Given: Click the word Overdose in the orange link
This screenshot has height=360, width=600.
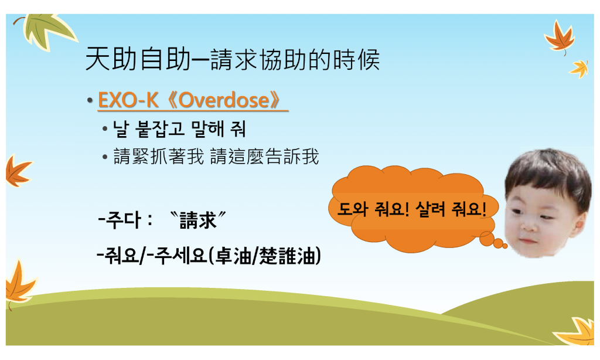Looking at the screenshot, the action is (224, 100).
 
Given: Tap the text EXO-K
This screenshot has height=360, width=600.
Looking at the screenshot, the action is (128, 100).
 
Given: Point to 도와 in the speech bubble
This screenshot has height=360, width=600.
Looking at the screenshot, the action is (352, 209).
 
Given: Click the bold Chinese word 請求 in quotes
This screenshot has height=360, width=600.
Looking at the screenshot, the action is (198, 220).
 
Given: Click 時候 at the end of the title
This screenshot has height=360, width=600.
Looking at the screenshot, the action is (356, 59).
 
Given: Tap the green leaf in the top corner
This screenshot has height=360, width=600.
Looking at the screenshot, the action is (48, 30).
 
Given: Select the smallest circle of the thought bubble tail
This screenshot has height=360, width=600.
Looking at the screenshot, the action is (504, 246).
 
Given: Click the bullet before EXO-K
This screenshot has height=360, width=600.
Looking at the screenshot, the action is (90, 101).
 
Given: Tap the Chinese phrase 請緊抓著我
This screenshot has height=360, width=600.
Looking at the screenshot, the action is (159, 157).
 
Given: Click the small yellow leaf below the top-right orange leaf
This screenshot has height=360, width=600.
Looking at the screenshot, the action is (579, 69).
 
